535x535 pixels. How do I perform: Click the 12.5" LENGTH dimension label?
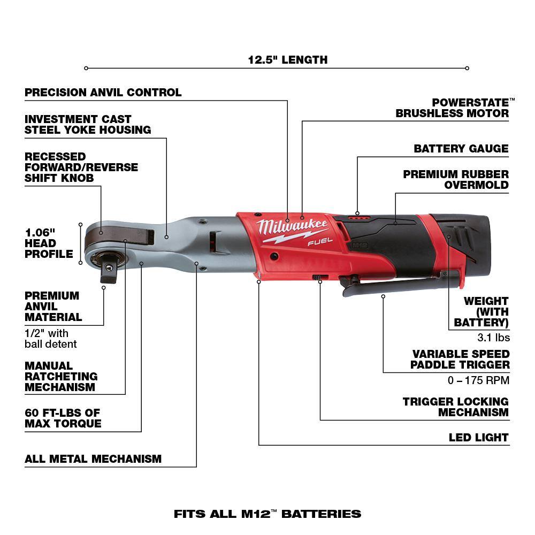click(x=287, y=60)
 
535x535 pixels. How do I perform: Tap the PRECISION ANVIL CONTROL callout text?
click(x=103, y=93)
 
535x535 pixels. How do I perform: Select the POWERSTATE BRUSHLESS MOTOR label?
click(x=452, y=108)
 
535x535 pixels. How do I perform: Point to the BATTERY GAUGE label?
click(x=461, y=149)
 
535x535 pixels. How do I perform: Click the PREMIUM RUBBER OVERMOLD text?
click(x=456, y=180)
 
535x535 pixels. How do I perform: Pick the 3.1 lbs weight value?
click(x=493, y=338)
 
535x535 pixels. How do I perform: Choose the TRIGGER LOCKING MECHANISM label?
click(x=456, y=407)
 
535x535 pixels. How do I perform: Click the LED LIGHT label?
click(x=478, y=438)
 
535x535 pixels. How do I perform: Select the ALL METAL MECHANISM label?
click(x=93, y=459)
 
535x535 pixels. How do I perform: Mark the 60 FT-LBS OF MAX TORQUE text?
click(x=63, y=418)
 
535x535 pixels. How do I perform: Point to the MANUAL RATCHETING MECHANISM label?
click(x=61, y=376)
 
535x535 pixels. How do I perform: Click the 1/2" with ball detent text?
click(x=51, y=339)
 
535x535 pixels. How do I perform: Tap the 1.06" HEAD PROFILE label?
click(x=49, y=243)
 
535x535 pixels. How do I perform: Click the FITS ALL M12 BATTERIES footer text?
click(x=267, y=514)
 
